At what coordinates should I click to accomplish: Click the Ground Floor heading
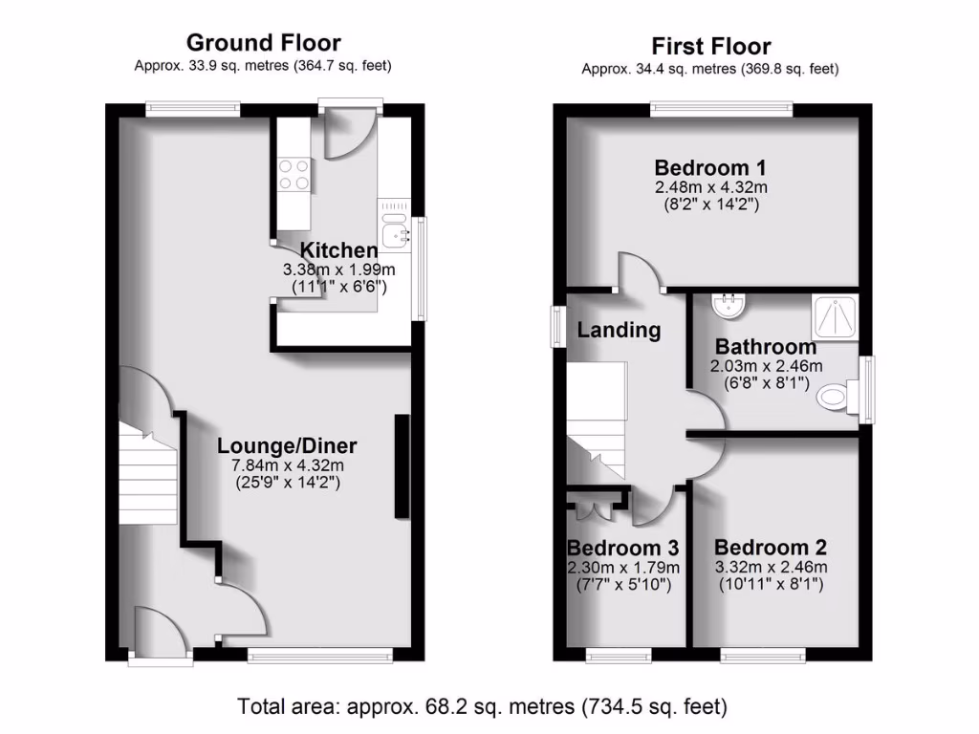pos(263,42)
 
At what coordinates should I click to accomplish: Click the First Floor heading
pos(710,46)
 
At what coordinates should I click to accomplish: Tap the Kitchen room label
pos(329,251)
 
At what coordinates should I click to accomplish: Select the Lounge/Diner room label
pos(287,445)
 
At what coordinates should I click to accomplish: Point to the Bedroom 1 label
pos(710,167)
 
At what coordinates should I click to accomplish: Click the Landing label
pos(619,331)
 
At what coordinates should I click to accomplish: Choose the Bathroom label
pos(766,346)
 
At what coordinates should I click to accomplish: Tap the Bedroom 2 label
pos(770,548)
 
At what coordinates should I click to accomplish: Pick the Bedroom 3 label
pos(622,548)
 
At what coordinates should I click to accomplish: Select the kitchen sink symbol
pos(394,229)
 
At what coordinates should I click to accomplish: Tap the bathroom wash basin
pos(731,305)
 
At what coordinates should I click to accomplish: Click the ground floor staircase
pos(149,475)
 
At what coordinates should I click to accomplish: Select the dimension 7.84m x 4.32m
pos(287,465)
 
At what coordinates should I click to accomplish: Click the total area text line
pos(483,707)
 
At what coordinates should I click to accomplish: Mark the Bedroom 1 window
pos(722,109)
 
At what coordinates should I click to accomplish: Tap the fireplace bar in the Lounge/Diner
pos(402,467)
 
